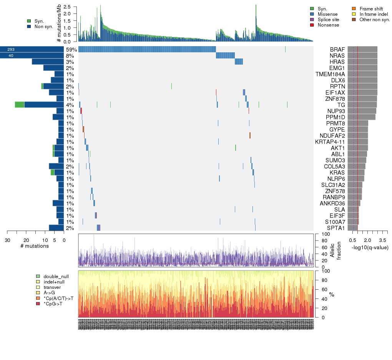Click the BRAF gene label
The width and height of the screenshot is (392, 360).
337,50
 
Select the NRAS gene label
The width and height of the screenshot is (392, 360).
337,56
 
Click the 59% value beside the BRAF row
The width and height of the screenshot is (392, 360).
71,50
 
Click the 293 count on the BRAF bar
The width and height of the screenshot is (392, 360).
11,50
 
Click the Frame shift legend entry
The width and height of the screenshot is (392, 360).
369,9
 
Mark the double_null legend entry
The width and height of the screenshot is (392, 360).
51,277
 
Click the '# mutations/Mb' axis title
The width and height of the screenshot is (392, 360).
59,24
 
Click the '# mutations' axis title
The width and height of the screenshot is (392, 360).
35,246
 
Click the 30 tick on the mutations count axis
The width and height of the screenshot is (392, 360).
7,240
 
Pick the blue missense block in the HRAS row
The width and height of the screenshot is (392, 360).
239,62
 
